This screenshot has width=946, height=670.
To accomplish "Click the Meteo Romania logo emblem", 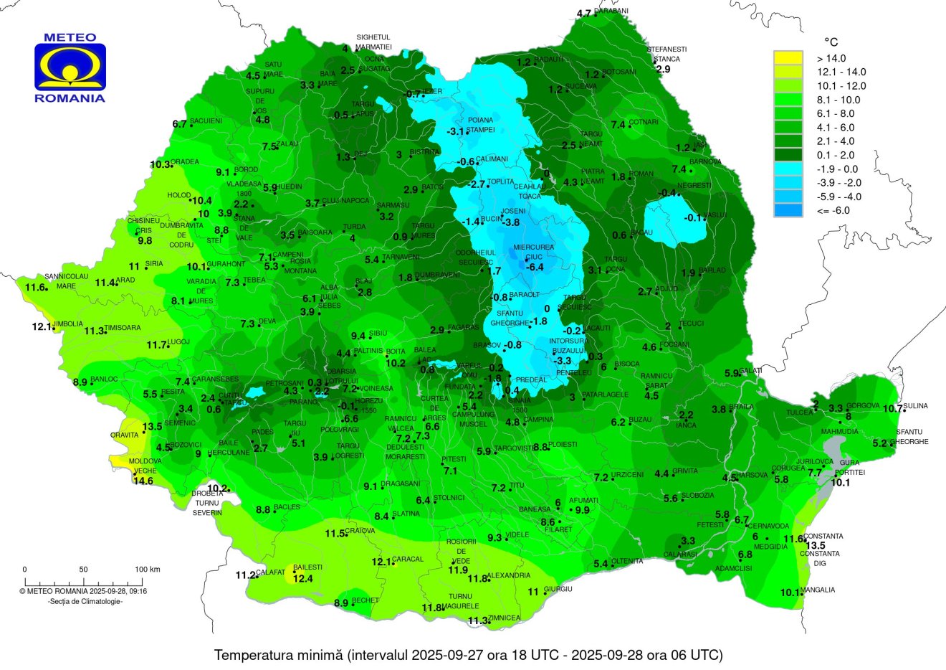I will (x=70, y=67).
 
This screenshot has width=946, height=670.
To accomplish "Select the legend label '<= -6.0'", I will (x=833, y=211).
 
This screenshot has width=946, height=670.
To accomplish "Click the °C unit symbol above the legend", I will (x=831, y=42).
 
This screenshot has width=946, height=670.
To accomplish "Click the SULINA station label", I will (x=915, y=407).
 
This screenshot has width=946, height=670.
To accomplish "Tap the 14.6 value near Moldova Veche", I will (x=143, y=481).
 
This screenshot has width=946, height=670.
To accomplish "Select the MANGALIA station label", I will (x=818, y=590).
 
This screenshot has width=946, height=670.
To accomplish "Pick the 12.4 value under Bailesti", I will (x=303, y=578).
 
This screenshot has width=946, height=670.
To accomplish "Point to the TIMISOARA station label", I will (x=123, y=329).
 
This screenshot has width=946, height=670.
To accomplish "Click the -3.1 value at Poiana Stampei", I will (x=456, y=132).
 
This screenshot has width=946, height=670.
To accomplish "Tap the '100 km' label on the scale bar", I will (x=147, y=570).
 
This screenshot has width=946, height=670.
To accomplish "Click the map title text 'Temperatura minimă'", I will (x=279, y=655).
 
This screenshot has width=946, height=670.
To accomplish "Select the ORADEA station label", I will (x=184, y=162).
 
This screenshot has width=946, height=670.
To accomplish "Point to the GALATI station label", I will (x=751, y=370).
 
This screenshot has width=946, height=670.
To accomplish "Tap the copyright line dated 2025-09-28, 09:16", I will (x=83, y=592).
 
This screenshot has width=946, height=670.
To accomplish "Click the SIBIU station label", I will (x=378, y=334).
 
